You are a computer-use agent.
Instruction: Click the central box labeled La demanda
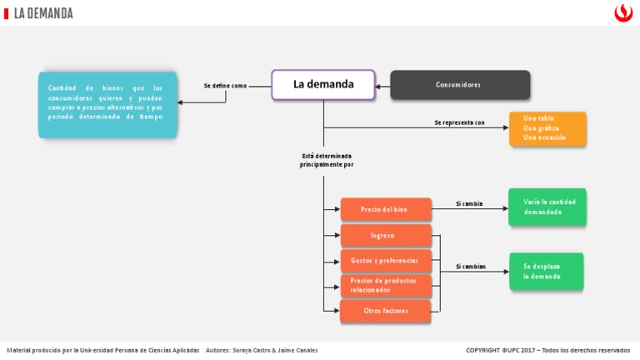click(323, 85)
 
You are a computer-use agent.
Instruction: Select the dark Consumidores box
click(460, 85)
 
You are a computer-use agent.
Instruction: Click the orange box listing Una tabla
click(547, 128)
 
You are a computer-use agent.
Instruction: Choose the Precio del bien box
click(385, 209)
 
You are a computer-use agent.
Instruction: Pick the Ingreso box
click(385, 236)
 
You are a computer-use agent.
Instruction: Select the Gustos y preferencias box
click(385, 261)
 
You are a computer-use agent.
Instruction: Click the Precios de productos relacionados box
click(385, 286)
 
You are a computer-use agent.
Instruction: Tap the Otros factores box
click(385, 311)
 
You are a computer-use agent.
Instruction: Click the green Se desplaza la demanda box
click(547, 271)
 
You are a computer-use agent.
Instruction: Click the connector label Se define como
click(226, 86)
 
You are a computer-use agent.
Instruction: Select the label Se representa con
click(459, 122)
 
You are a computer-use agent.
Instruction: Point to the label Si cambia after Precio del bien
click(469, 203)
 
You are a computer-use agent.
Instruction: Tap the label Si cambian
click(471, 267)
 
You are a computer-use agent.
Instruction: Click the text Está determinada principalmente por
click(327, 160)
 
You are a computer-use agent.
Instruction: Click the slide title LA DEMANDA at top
click(43, 13)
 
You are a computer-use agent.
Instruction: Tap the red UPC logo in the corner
click(622, 12)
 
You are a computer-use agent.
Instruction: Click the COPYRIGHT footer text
click(547, 350)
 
